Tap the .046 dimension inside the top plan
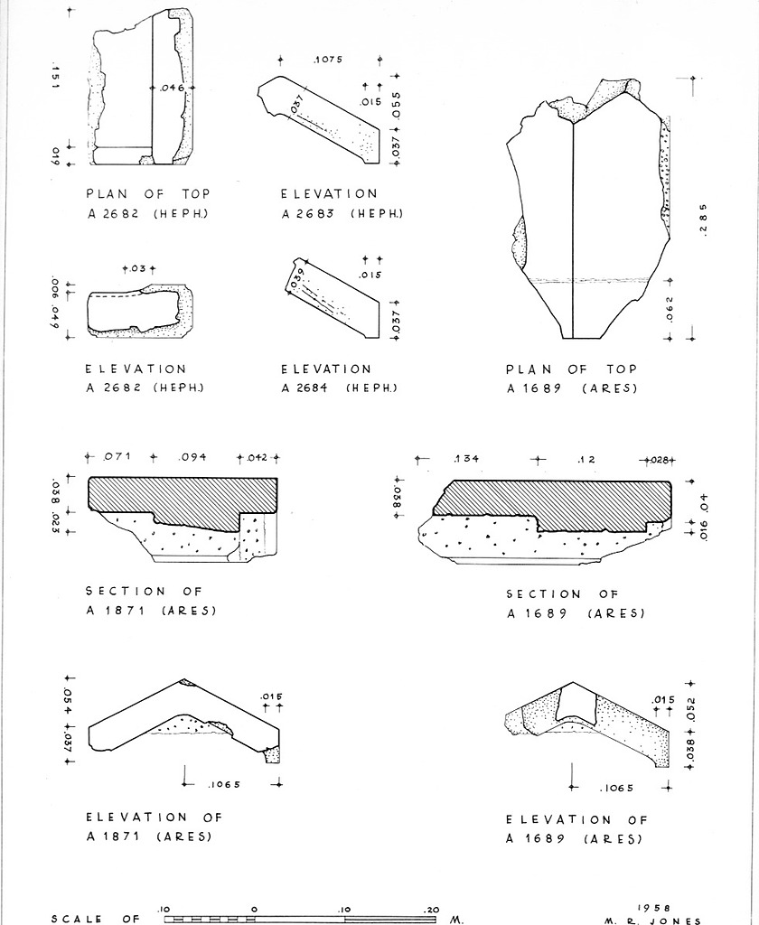(172, 87)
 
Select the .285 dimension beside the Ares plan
(704, 219)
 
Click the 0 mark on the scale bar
(254, 910)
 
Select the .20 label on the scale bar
(432, 910)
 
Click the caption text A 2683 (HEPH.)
(342, 213)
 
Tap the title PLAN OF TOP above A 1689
(571, 369)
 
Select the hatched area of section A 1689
(560, 501)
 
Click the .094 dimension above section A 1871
(192, 457)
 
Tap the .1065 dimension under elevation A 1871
(223, 784)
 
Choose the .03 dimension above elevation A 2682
(138, 269)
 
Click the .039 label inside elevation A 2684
(297, 278)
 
